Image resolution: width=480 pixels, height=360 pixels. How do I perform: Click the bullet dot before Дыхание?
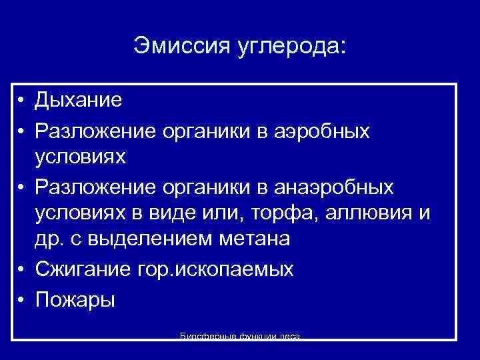(x=22, y=101)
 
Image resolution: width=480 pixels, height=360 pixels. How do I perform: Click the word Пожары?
(x=75, y=299)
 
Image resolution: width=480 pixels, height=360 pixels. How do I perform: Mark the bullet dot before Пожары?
(x=22, y=299)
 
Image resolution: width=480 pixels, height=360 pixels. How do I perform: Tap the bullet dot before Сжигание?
(x=22, y=269)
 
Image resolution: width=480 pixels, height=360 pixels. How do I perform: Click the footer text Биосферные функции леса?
(x=240, y=337)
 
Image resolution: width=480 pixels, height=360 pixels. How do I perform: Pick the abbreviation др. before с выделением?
(x=49, y=239)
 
